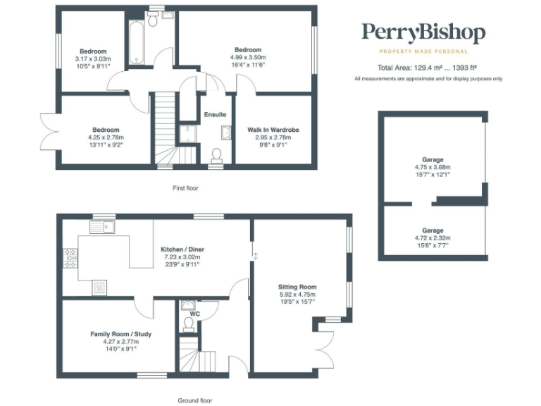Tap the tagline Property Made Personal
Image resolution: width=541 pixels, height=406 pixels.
(x=423, y=51)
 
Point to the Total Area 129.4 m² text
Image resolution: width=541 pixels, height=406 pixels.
(x=428, y=68)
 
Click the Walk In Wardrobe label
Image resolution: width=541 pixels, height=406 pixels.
(x=273, y=130)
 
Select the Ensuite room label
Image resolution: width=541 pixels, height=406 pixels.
(x=215, y=114)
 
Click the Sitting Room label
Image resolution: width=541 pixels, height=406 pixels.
(x=297, y=287)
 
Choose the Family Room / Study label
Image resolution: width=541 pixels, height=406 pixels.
(x=120, y=333)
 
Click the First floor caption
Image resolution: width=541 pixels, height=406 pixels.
(x=187, y=188)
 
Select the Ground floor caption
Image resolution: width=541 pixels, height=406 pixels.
(x=194, y=400)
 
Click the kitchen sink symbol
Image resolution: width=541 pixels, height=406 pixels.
(x=102, y=227)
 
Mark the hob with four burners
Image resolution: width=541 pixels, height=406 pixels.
(x=70, y=258)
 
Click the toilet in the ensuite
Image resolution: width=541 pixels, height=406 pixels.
(x=217, y=154)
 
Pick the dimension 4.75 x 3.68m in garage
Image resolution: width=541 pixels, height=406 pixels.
(x=433, y=168)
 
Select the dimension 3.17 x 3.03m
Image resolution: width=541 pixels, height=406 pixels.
(x=92, y=59)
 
